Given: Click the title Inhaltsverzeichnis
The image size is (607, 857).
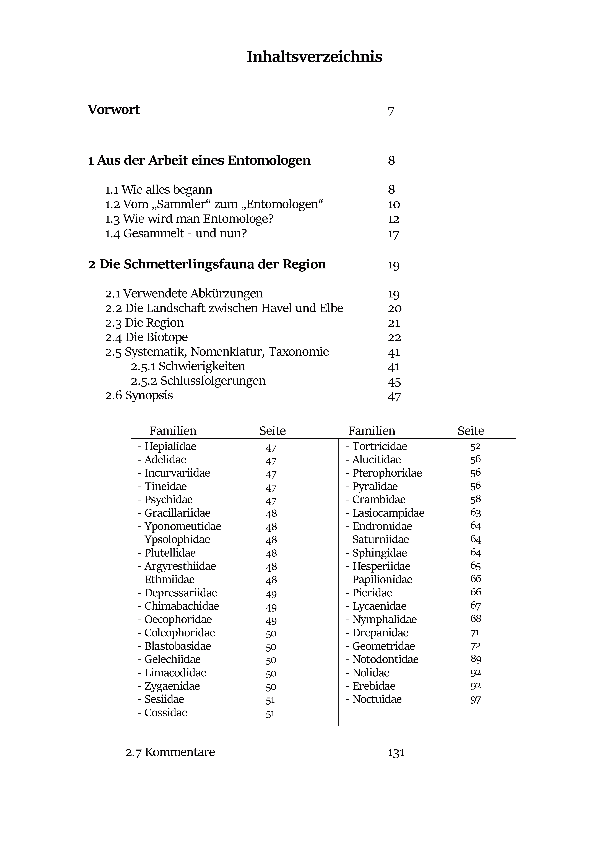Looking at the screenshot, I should coord(314,57).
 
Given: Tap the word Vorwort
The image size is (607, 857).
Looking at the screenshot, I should coord(114,110).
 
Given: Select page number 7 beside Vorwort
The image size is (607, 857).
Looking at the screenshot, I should coord(391,111).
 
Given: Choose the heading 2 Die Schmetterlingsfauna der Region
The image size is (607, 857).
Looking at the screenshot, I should coord(207,264).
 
